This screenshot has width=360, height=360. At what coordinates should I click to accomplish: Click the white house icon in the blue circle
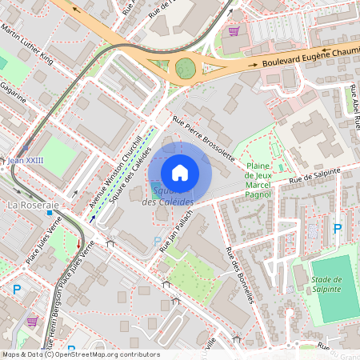[180, 172]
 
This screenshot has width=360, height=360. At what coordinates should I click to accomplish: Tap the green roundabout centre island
[185, 68]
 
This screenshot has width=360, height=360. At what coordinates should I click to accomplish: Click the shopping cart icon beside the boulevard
[233, 30]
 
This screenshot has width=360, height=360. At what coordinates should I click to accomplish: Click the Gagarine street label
[14, 92]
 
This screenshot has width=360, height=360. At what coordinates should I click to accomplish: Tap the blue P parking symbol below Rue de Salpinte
[337, 229]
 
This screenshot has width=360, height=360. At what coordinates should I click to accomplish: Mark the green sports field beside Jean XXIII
[58, 152]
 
